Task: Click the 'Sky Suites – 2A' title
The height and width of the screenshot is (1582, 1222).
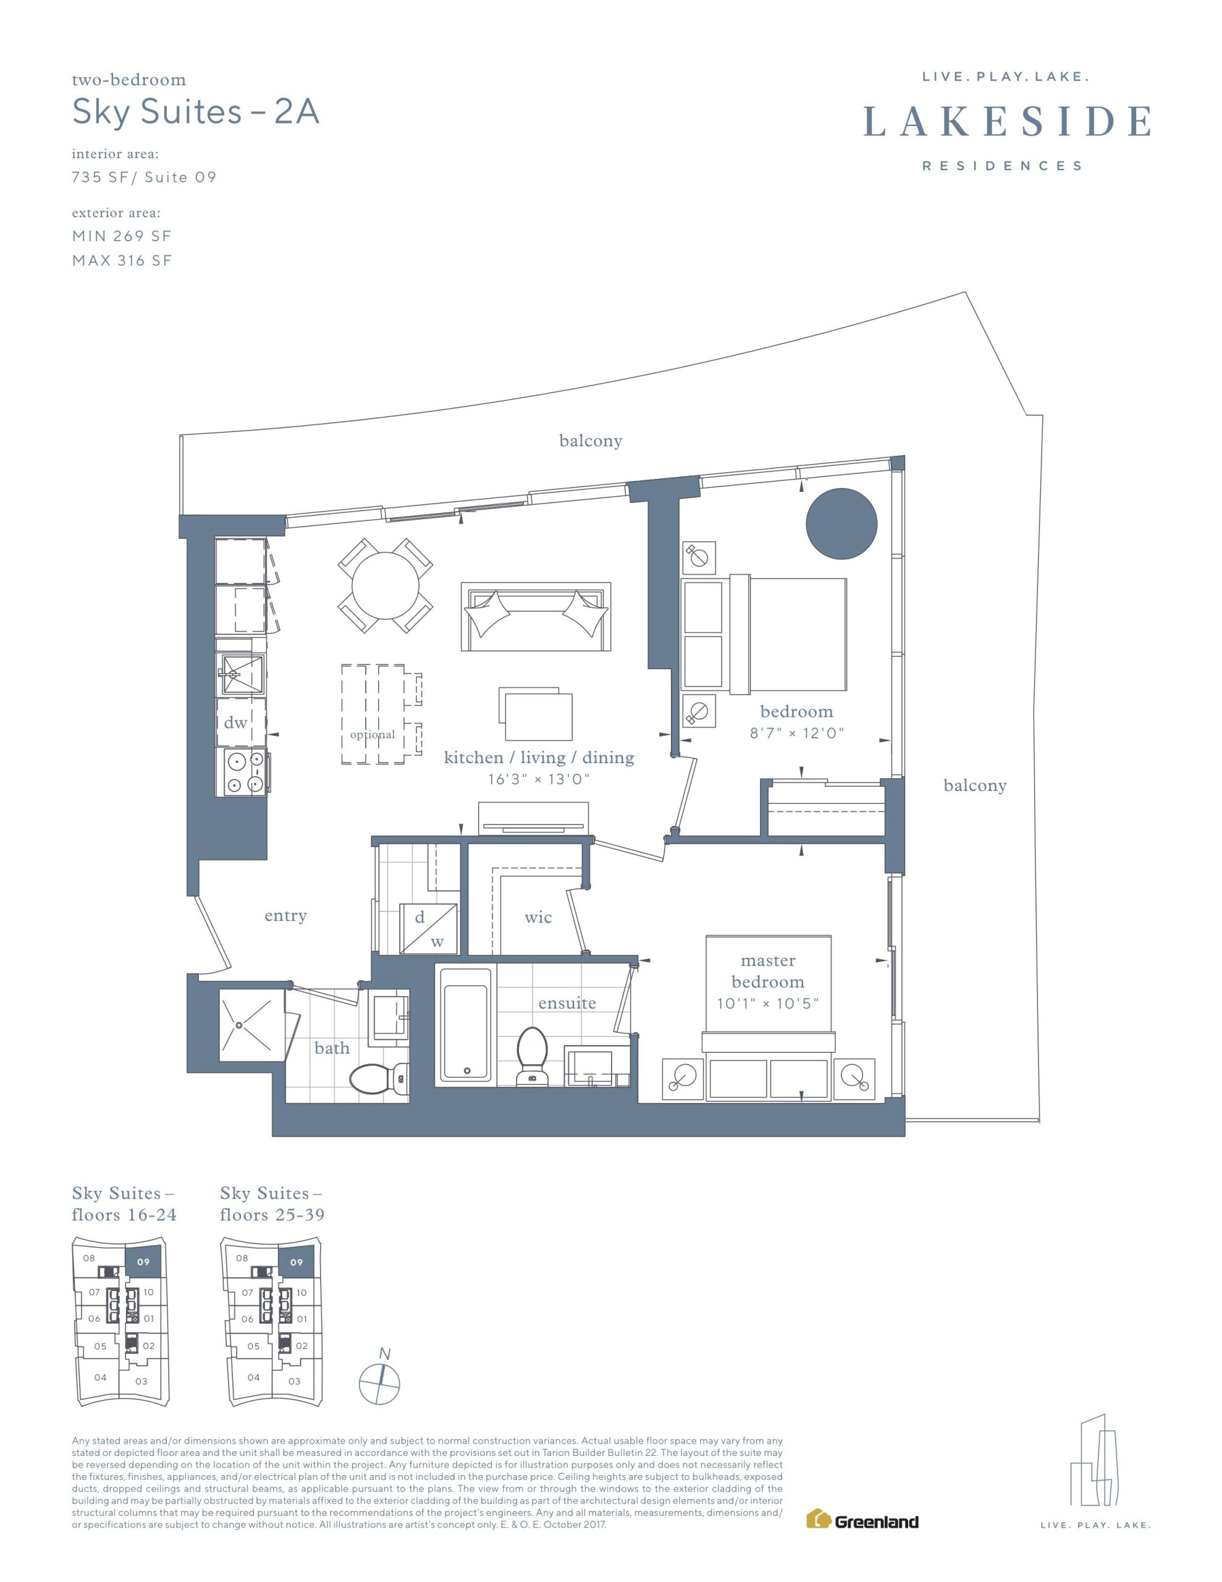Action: (x=196, y=112)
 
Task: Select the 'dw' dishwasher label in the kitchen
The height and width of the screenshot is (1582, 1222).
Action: (x=235, y=722)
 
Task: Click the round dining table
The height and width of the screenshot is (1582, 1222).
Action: (x=386, y=585)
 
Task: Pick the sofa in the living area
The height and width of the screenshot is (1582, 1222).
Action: (x=536, y=617)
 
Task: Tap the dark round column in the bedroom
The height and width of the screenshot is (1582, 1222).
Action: (x=841, y=523)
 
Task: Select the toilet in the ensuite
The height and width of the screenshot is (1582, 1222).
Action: (x=533, y=1057)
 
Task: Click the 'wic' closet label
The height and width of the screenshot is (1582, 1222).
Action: (x=538, y=918)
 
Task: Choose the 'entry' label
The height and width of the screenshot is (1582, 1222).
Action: (x=285, y=916)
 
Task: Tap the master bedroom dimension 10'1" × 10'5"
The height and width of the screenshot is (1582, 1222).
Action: (x=768, y=1003)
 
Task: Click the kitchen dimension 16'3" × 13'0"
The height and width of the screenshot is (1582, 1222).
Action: (x=539, y=779)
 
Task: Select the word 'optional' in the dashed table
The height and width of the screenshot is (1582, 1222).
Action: (x=373, y=735)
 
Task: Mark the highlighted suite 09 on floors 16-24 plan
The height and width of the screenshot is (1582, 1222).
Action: (x=143, y=1262)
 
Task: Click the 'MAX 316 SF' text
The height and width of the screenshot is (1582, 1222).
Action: (x=122, y=261)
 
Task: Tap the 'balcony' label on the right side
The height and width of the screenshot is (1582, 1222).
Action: (x=975, y=786)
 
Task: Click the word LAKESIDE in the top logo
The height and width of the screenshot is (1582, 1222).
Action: (x=1008, y=121)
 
